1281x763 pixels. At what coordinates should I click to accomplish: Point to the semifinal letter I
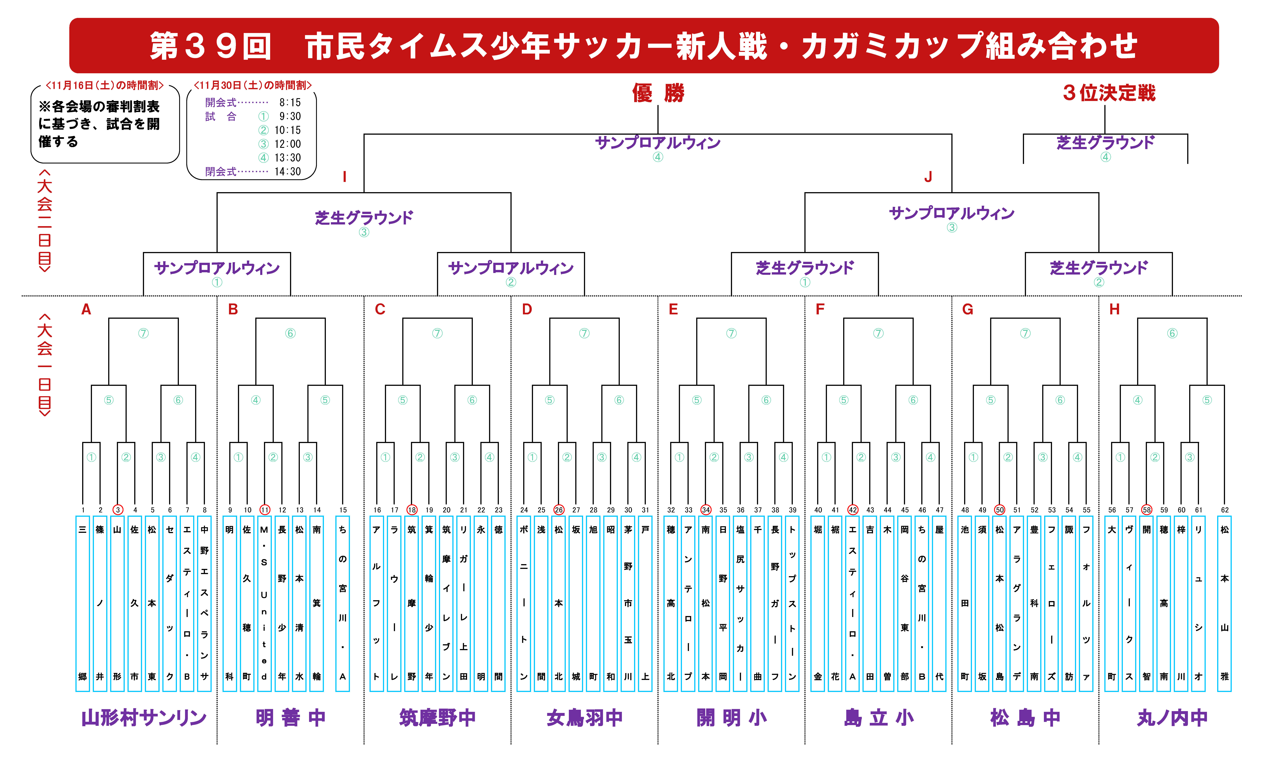[345, 177]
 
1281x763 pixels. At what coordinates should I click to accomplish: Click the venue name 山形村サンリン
[144, 718]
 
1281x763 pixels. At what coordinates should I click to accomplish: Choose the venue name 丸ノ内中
[1172, 718]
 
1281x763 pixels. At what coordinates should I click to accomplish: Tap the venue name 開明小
[732, 718]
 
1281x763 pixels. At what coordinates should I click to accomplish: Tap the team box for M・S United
[264, 604]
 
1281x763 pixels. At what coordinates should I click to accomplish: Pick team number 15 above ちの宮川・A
[343, 510]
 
